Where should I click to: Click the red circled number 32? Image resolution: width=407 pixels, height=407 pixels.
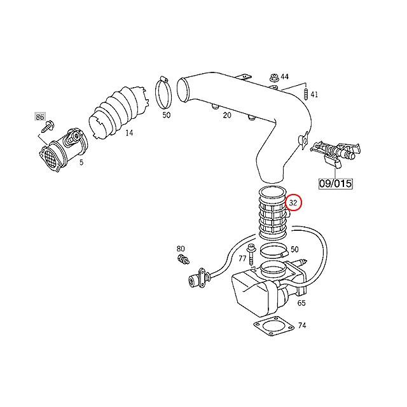point(294,203)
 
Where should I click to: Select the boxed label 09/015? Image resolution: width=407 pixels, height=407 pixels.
point(335,183)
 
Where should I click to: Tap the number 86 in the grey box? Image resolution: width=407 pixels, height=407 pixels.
point(40,118)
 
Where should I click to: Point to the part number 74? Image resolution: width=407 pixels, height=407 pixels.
point(301,325)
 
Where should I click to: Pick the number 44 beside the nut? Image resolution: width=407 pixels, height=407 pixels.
point(284,77)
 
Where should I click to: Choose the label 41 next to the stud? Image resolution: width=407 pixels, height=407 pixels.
point(314,95)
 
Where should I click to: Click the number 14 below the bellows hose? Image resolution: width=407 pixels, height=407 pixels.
point(128,133)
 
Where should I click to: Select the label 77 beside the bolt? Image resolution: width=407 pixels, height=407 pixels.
point(242,259)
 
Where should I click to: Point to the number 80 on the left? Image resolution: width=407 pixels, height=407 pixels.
point(181,248)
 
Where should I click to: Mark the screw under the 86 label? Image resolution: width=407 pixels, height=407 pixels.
point(46,128)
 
